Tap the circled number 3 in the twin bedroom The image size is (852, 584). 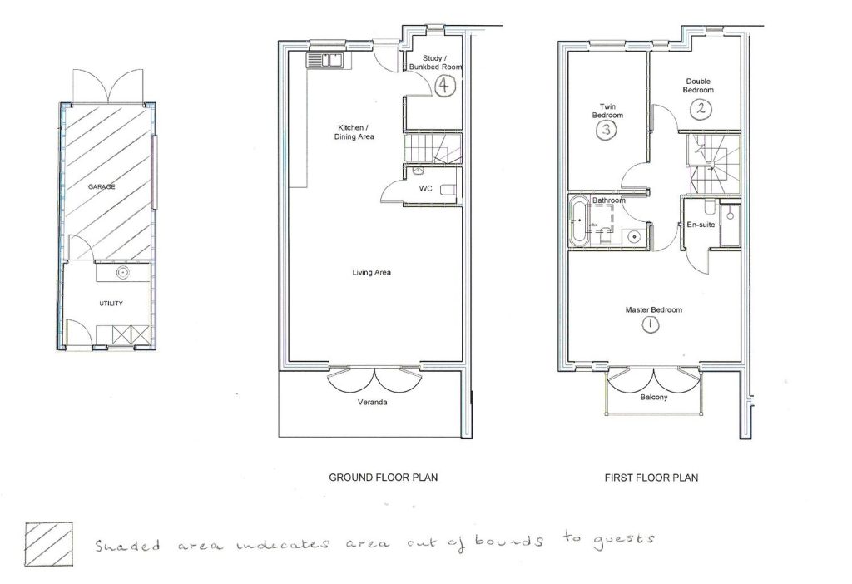[607, 131]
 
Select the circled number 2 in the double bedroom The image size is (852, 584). [701, 108]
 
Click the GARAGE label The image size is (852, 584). [102, 187]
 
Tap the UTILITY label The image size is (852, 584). [111, 304]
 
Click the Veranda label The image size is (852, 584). [374, 403]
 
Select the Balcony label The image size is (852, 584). [653, 398]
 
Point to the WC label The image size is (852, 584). [425, 189]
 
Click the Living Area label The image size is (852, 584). [371, 272]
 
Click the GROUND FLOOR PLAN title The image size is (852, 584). [384, 478]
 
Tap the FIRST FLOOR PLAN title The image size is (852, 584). [651, 478]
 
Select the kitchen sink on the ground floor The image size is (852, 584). [324, 60]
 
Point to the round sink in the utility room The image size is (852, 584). [122, 271]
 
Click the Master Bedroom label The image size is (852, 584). [654, 310]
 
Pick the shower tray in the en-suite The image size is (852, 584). [730, 225]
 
